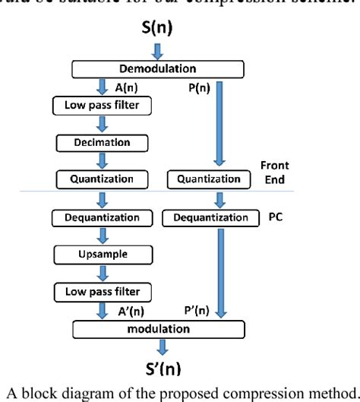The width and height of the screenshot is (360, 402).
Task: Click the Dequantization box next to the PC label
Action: (x=205, y=218)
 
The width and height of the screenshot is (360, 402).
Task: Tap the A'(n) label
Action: (x=131, y=309)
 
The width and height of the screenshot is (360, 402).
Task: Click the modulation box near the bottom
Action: (x=159, y=328)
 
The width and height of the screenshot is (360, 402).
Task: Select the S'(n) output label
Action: (x=162, y=369)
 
